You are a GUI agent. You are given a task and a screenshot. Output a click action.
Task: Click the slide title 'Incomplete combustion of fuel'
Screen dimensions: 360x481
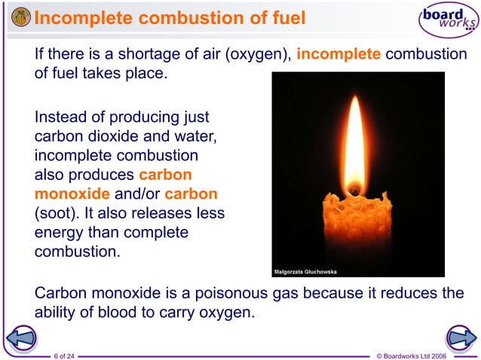[170, 17]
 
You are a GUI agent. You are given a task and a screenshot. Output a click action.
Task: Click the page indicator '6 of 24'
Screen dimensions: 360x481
[65, 355]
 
